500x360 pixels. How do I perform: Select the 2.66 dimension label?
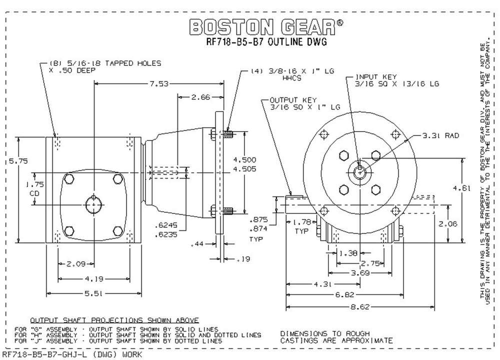click(200, 97)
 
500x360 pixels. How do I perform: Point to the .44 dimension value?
click(199, 244)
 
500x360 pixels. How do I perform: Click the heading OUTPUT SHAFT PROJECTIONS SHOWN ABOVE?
click(114, 320)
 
